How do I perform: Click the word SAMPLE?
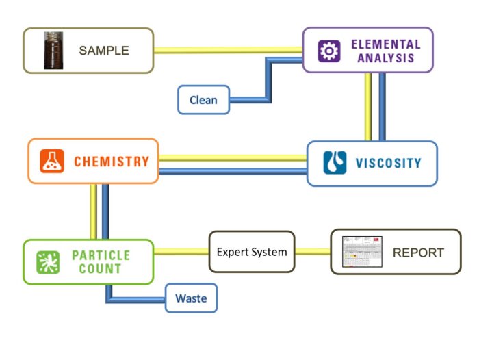click(104, 51)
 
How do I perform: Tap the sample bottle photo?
click(53, 50)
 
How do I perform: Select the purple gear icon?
click(329, 51)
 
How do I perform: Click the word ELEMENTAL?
click(385, 44)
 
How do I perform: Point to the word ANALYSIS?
click(385, 58)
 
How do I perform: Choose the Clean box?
click(203, 100)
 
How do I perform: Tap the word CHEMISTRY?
click(112, 162)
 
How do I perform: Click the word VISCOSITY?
click(388, 164)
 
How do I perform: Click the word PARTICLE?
click(101, 255)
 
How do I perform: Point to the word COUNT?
click(101, 269)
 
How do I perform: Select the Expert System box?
click(251, 252)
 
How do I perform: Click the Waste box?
click(191, 298)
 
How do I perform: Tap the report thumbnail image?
click(362, 252)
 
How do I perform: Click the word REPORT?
click(417, 253)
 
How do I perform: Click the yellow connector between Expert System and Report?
click(313, 252)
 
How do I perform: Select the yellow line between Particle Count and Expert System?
click(181, 252)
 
